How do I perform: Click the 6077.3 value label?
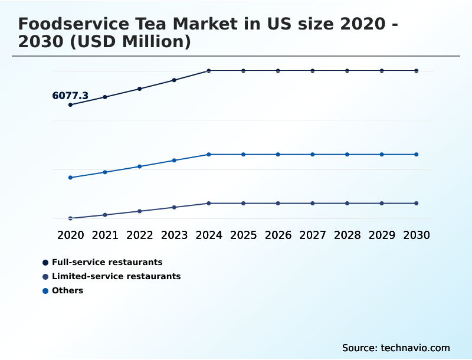pos(70,96)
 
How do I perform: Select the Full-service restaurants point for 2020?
pos(70,105)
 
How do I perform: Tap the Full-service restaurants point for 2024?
pos(209,71)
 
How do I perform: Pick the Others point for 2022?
pos(140,166)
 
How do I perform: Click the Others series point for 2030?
pos(416,155)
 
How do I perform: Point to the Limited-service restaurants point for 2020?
pos(70,218)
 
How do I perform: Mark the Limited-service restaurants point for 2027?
pos(313,203)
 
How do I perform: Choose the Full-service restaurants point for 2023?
pos(174,80)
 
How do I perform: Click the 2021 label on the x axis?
pos(105,235)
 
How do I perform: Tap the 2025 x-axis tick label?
pos(243,235)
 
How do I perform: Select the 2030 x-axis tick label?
pos(416,235)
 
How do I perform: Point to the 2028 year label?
pos(347,235)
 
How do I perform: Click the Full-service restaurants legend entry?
pos(107,262)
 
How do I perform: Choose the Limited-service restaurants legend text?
pos(116,276)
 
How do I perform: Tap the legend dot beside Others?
pos(45,290)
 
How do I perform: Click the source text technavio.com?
pos(396,348)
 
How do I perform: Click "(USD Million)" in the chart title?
pos(133,42)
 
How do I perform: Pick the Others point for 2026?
pos(278,155)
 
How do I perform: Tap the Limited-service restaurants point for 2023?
pos(174,207)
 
